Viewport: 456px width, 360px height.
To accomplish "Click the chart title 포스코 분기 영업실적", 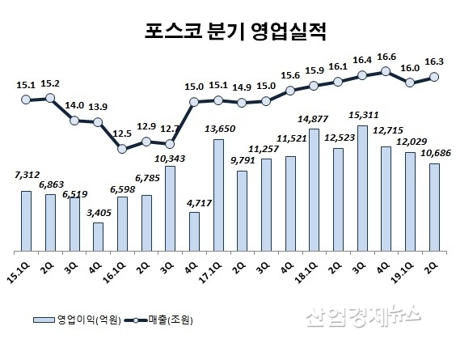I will click(x=228, y=33).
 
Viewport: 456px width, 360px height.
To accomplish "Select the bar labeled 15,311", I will click(x=362, y=187).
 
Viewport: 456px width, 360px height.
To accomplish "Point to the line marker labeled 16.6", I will click(x=386, y=71).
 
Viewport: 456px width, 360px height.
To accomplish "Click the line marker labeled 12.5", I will click(x=122, y=148).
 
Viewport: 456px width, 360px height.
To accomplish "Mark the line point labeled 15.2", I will click(x=50, y=98).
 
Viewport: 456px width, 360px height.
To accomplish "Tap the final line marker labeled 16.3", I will click(x=434, y=77).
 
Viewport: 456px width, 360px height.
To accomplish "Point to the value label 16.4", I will click(x=361, y=59).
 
